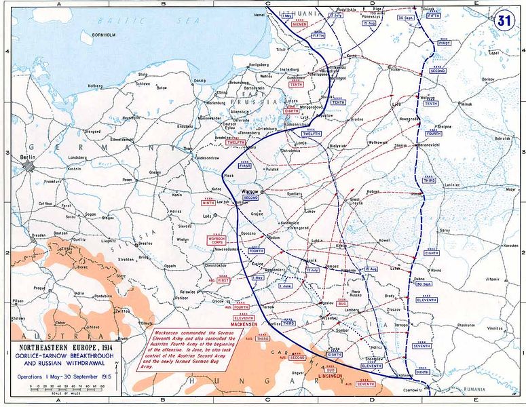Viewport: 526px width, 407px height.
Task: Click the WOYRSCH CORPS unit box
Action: (217, 239)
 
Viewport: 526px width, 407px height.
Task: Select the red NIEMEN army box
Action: (299, 24)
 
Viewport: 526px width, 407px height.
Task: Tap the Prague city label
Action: (39, 288)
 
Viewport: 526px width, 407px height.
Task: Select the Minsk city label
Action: (465, 105)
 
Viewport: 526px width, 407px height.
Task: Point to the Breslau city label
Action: (145, 243)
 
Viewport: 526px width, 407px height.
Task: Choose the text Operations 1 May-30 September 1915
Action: (64, 374)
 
